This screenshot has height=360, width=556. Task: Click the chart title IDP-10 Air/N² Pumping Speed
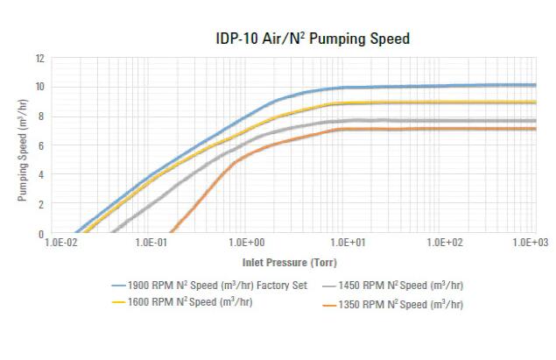(x=313, y=39)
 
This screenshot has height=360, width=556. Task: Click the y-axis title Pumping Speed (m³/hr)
(x=24, y=146)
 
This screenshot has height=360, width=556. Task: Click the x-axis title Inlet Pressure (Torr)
(x=289, y=262)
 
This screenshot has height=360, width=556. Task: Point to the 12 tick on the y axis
(x=40, y=58)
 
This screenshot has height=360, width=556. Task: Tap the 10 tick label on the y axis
(x=40, y=88)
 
